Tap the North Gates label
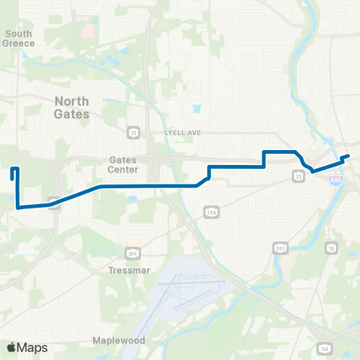point(72,107)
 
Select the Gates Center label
point(123,164)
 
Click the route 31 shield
point(133,132)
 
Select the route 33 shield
point(298,176)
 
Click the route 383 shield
point(280,247)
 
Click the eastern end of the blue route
point(349,155)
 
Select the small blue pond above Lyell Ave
point(196,109)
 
